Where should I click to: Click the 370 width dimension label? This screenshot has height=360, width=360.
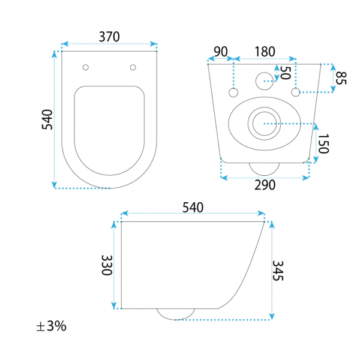[x=109, y=37]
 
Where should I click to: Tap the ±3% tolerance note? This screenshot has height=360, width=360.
[x=52, y=326]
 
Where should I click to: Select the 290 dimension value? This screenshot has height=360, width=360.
[x=265, y=185]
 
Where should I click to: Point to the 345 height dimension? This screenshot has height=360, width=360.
[x=278, y=271]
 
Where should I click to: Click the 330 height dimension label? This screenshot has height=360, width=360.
[x=107, y=265]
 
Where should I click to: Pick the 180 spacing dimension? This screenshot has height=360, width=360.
[x=265, y=52]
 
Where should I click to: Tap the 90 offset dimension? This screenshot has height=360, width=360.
[x=221, y=52]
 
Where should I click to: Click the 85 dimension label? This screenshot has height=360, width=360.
[x=341, y=78]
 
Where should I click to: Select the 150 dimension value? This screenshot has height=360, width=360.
[x=323, y=144]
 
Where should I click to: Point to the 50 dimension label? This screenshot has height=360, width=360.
[x=286, y=73]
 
